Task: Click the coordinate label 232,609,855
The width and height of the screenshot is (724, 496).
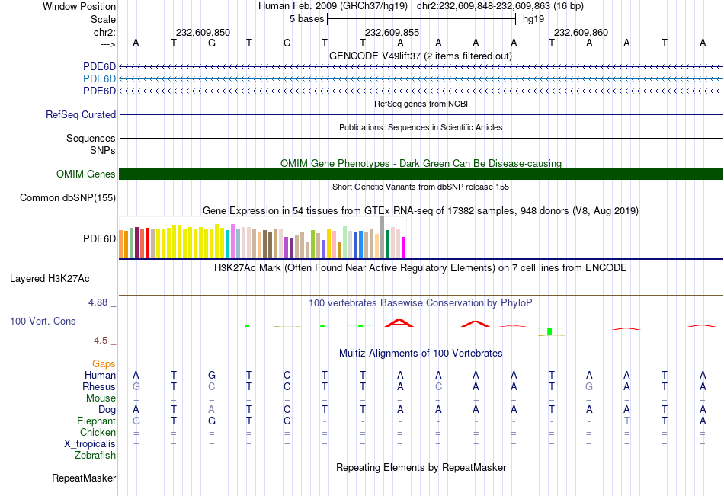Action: pyautogui.click(x=392, y=32)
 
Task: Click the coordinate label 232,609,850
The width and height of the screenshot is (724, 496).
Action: pyautogui.click(x=203, y=32)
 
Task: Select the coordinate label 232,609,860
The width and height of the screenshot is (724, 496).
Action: pyautogui.click(x=581, y=32)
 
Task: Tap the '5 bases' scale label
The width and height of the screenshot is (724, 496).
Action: pyautogui.click(x=307, y=18)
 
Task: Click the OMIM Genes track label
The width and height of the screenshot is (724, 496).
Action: pyautogui.click(x=86, y=174)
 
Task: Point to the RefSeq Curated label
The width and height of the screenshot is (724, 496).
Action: pyautogui.click(x=81, y=114)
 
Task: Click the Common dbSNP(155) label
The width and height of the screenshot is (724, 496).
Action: pyautogui.click(x=68, y=198)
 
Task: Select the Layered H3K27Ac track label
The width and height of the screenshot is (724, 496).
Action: pyautogui.click(x=50, y=278)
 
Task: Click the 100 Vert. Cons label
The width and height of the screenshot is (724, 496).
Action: pyautogui.click(x=43, y=322)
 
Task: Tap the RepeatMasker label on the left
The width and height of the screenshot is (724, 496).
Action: pyautogui.click(x=84, y=478)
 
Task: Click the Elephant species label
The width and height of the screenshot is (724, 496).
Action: pyautogui.click(x=96, y=421)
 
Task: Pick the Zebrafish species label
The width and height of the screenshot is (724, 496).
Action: pyautogui.click(x=95, y=456)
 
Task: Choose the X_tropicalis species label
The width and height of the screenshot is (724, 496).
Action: pyautogui.click(x=90, y=444)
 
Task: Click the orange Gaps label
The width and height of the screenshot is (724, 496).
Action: pyautogui.click(x=104, y=364)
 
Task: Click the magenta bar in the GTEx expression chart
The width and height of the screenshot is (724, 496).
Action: pyautogui.click(x=403, y=247)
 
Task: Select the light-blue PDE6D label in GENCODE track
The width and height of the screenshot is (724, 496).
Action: pyautogui.click(x=99, y=78)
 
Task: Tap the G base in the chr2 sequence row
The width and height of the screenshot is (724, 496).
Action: pyautogui.click(x=211, y=43)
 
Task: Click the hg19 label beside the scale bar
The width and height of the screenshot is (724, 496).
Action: pyautogui.click(x=533, y=18)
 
